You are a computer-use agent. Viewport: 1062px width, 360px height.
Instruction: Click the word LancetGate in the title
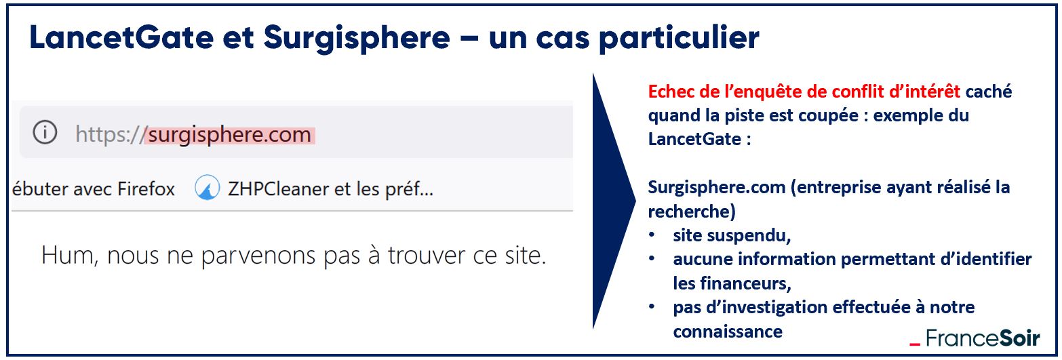(122, 37)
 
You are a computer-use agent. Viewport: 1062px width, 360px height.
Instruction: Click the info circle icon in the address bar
(45, 132)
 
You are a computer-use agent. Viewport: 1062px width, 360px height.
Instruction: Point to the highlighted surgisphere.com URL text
(230, 135)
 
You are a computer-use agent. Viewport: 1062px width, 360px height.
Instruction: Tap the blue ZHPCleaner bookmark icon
(208, 188)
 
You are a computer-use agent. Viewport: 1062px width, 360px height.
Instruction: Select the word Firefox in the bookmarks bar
(146, 188)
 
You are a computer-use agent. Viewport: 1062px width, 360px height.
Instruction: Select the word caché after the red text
(989, 92)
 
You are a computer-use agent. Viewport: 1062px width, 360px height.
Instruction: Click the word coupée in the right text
(828, 116)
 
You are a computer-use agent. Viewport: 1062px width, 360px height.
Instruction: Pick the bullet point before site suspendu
(652, 235)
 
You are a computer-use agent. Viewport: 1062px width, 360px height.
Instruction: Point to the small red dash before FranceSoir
(915, 344)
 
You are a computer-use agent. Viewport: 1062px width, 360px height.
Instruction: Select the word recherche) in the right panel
(692, 212)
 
